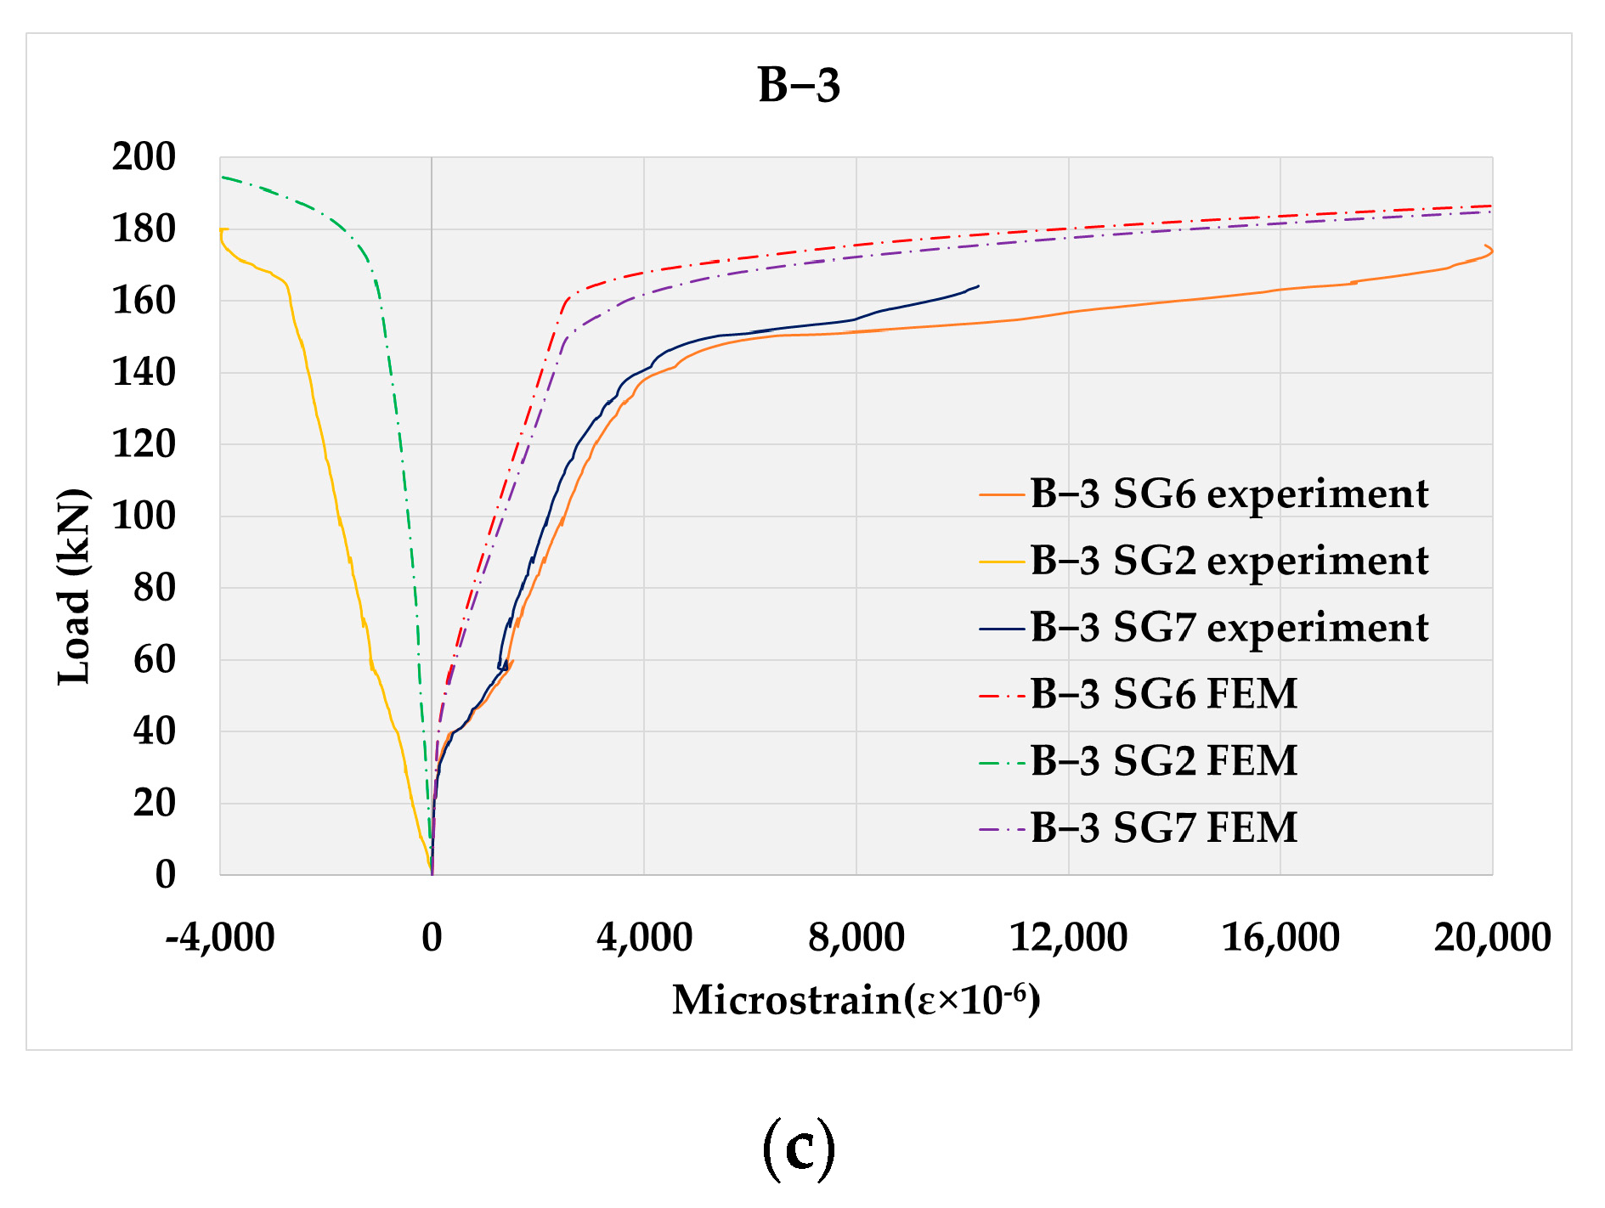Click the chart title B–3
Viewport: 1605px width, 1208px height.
tap(799, 86)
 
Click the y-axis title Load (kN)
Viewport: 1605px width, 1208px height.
tap(75, 587)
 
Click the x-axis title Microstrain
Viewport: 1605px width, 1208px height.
tap(856, 999)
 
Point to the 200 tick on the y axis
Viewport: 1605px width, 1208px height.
tap(144, 157)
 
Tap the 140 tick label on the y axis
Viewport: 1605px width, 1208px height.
tap(144, 372)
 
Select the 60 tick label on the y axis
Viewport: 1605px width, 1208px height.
tap(154, 659)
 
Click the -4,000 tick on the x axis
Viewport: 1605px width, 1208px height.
tap(220, 938)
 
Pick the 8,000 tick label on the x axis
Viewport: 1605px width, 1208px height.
tap(856, 938)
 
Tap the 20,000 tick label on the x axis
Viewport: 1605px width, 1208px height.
tap(1492, 938)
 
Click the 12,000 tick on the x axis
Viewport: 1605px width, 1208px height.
tap(1068, 938)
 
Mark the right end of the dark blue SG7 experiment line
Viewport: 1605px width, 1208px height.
tap(978, 286)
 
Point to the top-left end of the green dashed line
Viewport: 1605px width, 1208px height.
tap(223, 177)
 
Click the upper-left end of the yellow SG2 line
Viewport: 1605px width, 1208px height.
tap(222, 229)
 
